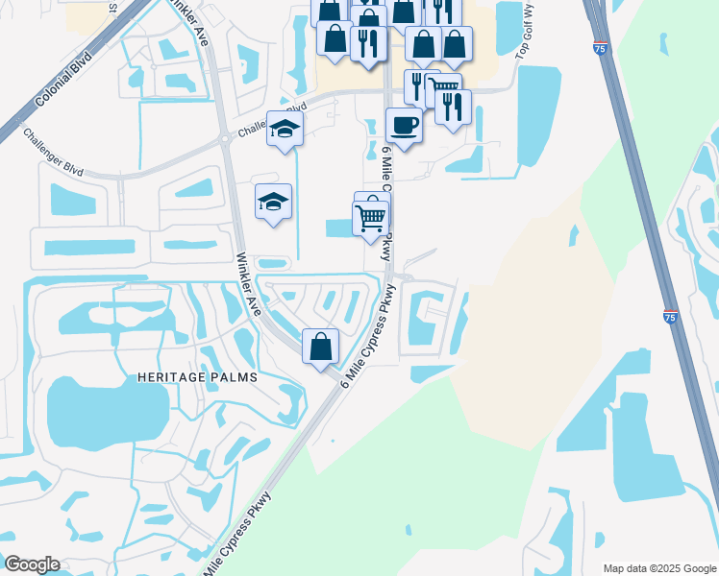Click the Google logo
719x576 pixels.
click(32, 564)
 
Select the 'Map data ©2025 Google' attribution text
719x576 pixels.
click(658, 568)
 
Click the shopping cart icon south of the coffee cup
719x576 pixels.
click(370, 218)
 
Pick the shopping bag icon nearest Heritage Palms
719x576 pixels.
click(321, 347)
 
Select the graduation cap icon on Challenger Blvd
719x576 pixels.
click(285, 130)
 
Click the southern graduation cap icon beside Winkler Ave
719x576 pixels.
click(273, 202)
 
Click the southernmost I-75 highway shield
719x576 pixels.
click(670, 315)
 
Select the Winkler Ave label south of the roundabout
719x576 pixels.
click(249, 284)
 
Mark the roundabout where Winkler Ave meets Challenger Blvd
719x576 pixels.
click(225, 139)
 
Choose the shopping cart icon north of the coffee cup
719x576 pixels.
click(443, 88)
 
